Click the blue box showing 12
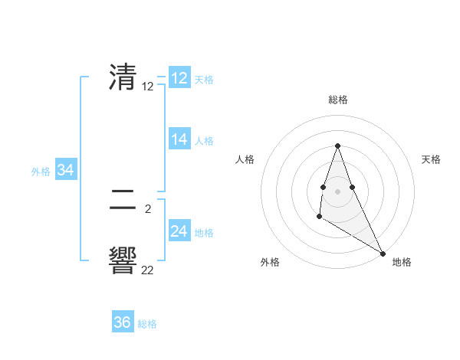(x=179, y=78)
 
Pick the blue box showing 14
(x=179, y=139)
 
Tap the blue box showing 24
(x=179, y=231)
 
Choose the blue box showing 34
(x=65, y=170)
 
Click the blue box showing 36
(x=123, y=322)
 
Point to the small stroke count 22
(x=148, y=270)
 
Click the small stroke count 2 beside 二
(x=148, y=208)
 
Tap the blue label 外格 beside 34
(x=41, y=172)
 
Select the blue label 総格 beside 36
(x=147, y=324)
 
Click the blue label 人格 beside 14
(x=204, y=141)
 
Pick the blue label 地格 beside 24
(x=204, y=233)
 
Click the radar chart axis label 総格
(x=338, y=100)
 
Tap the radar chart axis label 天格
(x=432, y=159)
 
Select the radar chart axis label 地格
(x=402, y=262)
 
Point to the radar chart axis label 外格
(x=270, y=262)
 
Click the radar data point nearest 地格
(x=383, y=253)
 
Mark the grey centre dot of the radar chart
(x=337, y=188)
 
